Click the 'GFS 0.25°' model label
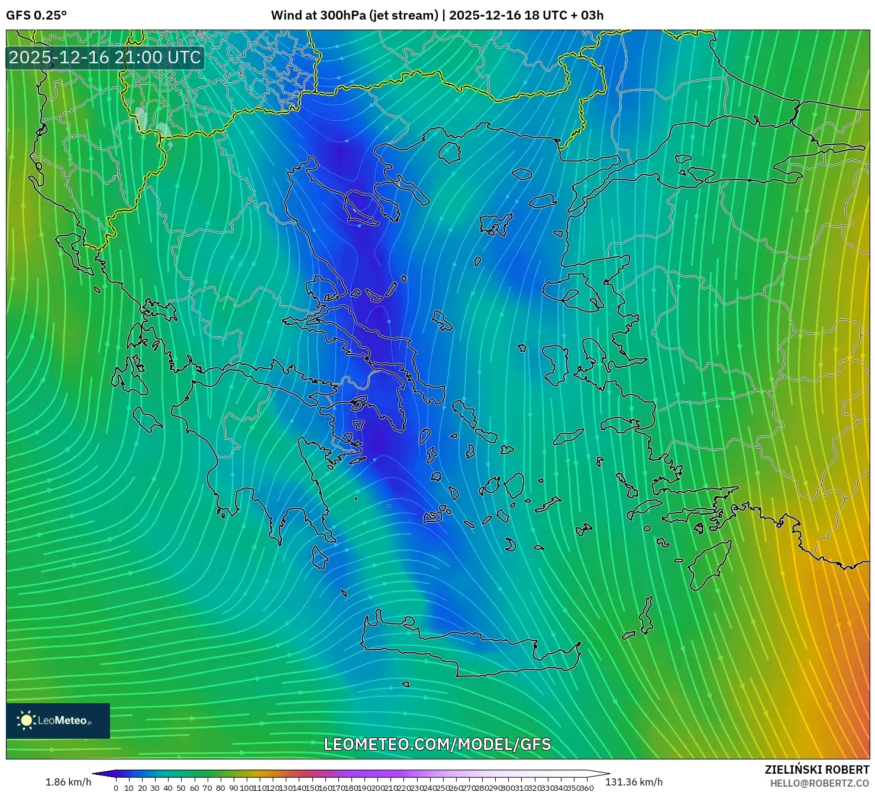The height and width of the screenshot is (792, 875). [36, 15]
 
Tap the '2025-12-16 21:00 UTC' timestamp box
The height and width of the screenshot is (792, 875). [105, 58]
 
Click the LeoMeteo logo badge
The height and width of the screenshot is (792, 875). [58, 720]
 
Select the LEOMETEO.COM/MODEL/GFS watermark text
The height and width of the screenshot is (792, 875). [437, 744]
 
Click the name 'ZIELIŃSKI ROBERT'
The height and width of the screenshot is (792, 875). [817, 770]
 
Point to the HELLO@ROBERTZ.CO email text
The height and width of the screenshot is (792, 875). [819, 783]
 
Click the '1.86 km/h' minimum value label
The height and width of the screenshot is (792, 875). [68, 782]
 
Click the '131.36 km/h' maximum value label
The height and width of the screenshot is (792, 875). [634, 782]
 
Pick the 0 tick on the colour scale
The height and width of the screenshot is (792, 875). [116, 788]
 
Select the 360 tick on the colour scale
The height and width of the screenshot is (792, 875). [586, 788]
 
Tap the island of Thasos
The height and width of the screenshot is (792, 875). [450, 152]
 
